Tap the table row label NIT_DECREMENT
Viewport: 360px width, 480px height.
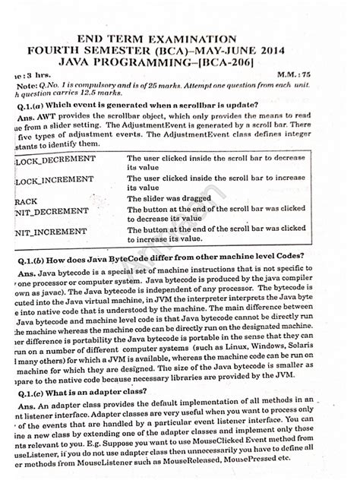tap(49, 212)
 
